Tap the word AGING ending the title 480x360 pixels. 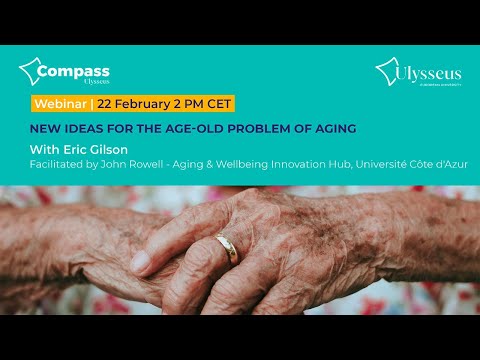pyautogui.click(x=330, y=128)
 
